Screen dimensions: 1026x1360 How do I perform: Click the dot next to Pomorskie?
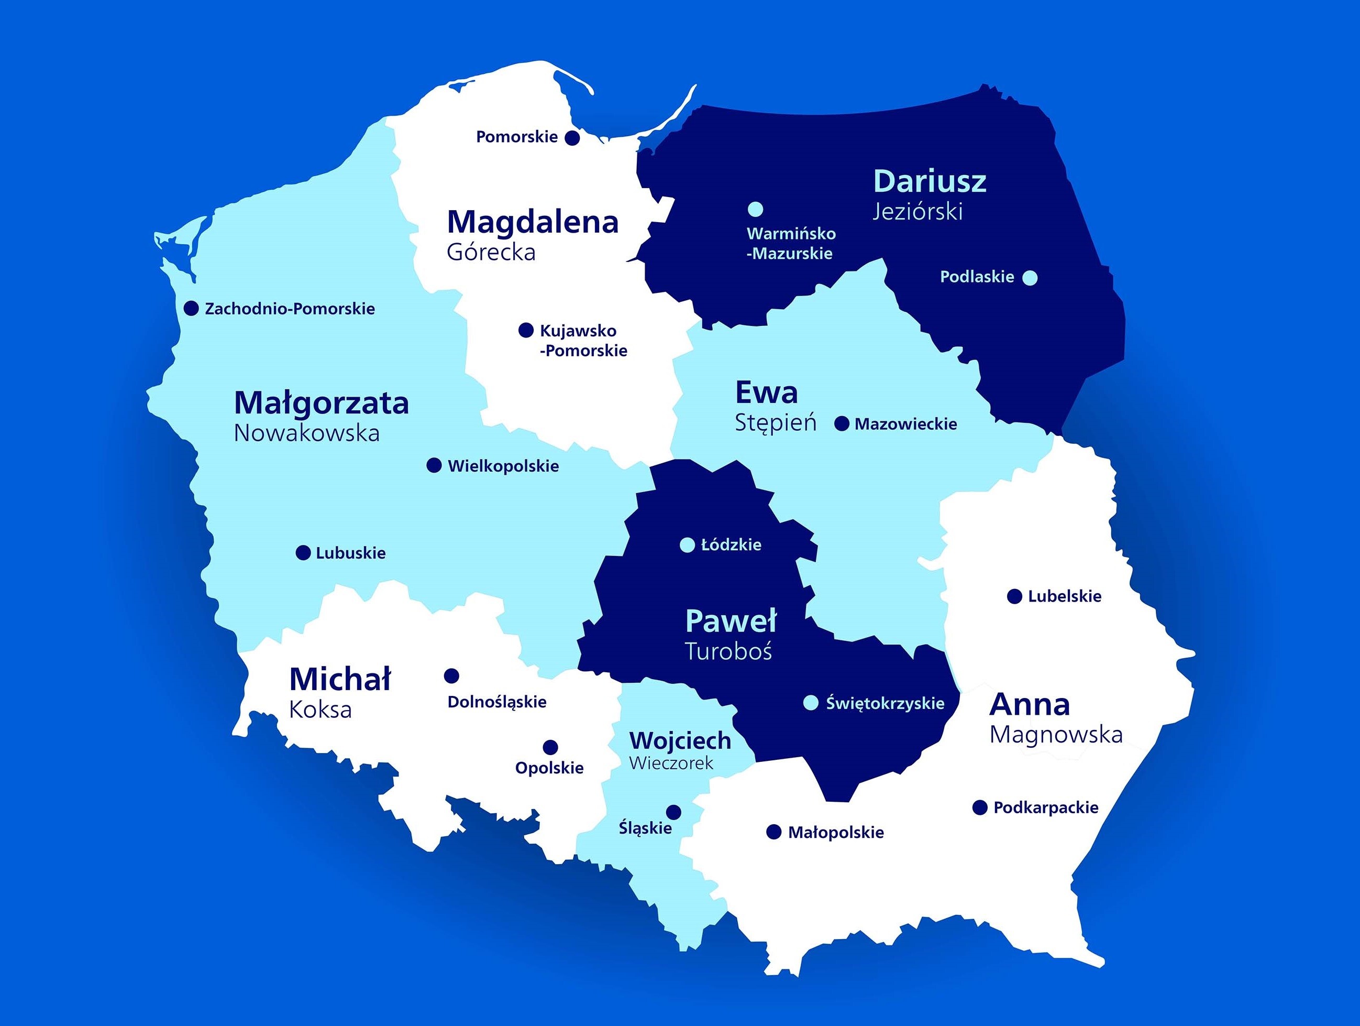pyautogui.click(x=572, y=138)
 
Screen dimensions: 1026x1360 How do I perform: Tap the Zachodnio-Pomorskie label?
pyautogui.click(x=290, y=309)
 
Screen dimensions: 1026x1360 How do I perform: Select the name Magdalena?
pyautogui.click(x=533, y=222)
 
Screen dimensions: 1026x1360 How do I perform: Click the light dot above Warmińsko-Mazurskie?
pyautogui.click(x=755, y=210)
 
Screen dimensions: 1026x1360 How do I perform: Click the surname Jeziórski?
pyautogui.click(x=917, y=212)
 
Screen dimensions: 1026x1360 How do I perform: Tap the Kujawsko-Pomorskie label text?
pyautogui.click(x=583, y=341)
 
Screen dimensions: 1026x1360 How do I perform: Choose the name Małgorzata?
pyautogui.click(x=321, y=403)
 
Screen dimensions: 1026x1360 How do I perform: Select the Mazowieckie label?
pyautogui.click(x=905, y=424)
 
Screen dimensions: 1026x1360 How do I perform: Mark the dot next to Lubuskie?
pyautogui.click(x=303, y=552)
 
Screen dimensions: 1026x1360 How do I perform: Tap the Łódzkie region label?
pyautogui.click(x=731, y=545)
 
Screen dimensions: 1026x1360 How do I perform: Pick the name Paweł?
pyautogui.click(x=731, y=621)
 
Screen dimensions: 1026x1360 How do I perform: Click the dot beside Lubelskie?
pyautogui.click(x=1014, y=596)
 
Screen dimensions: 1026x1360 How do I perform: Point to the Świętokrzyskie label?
pyautogui.click(x=884, y=703)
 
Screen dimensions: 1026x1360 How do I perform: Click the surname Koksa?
pyautogui.click(x=320, y=710)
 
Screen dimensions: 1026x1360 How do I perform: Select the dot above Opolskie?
pyautogui.click(x=550, y=747)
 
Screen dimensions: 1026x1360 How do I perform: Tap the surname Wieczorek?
pyautogui.click(x=671, y=763)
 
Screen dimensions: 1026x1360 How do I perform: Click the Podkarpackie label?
pyautogui.click(x=1045, y=807)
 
